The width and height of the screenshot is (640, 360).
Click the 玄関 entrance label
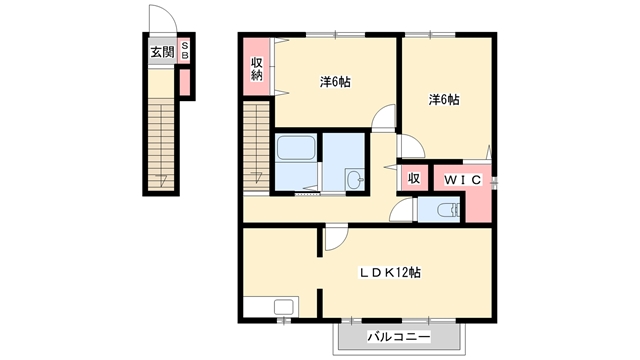(162, 52)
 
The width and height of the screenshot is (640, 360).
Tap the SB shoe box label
(185, 50)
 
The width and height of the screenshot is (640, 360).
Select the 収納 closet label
(256, 69)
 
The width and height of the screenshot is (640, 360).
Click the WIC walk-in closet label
(463, 180)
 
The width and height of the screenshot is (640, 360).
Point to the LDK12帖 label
(389, 272)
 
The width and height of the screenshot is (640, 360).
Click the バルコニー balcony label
(398, 337)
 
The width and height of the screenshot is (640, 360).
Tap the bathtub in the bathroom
(296, 147)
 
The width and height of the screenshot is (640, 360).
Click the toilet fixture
(448, 210)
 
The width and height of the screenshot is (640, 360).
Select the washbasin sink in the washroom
(355, 179)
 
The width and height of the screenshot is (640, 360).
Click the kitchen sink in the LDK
(283, 307)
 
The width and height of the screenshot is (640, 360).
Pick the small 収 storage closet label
(414, 178)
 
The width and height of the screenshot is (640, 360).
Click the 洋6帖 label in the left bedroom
(335, 82)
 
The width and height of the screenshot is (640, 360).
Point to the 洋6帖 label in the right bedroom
(444, 99)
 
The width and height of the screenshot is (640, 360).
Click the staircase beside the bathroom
(256, 146)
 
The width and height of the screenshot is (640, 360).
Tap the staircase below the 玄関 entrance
(161, 144)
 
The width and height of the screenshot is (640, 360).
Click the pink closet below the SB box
(185, 83)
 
